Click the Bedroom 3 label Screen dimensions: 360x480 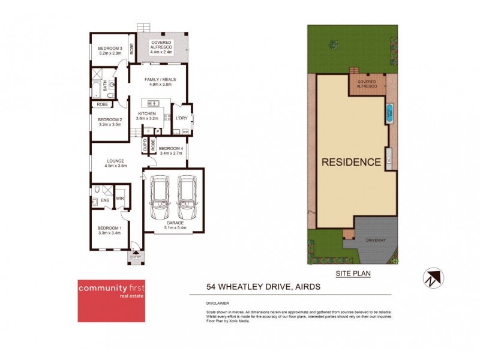point(110,48)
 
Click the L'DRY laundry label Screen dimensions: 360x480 point(182,118)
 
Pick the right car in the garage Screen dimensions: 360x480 point(187,198)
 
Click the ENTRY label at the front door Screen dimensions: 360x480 point(136,257)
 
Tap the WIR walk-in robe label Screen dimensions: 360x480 point(119,199)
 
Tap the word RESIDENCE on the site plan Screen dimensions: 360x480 point(351,162)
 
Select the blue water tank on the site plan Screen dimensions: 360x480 point(390,112)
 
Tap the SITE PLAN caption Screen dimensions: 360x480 point(354,274)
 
